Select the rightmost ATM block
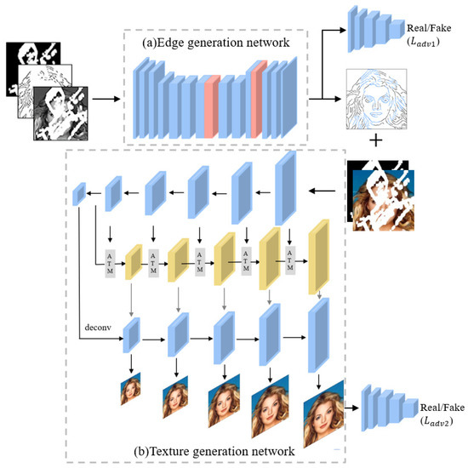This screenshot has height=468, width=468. (x=293, y=262)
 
